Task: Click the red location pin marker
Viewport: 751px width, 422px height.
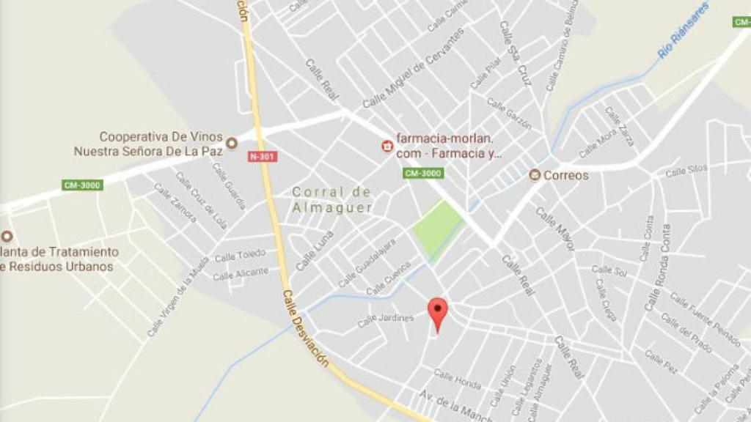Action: [438, 311]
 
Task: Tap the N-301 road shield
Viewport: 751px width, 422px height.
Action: [263, 157]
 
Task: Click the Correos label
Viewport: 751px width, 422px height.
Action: [566, 175]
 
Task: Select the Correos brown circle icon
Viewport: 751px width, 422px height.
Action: [535, 174]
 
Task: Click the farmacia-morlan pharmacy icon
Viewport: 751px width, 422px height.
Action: [387, 146]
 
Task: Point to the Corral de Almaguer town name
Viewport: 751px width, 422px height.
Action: [332, 199]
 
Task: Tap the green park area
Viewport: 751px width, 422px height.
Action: [437, 228]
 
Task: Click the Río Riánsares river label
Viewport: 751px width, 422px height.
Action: [684, 31]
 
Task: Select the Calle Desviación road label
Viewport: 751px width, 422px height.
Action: [304, 330]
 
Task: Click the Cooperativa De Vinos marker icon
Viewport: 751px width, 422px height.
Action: [231, 144]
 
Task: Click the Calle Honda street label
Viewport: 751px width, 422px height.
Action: [457, 379]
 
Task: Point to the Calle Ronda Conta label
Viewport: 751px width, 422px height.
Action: [657, 267]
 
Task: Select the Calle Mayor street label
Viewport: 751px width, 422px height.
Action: [555, 229]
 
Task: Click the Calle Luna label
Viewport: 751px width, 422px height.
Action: [315, 251]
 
